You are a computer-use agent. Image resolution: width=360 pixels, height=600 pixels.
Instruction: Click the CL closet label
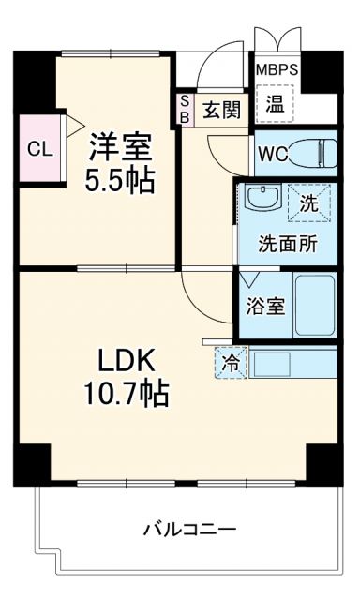(x=38, y=148)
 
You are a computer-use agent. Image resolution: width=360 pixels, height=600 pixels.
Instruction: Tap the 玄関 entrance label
(x=222, y=110)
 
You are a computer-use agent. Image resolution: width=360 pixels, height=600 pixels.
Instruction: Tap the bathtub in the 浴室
(x=315, y=306)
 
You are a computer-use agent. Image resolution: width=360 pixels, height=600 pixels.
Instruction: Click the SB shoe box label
(x=185, y=110)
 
